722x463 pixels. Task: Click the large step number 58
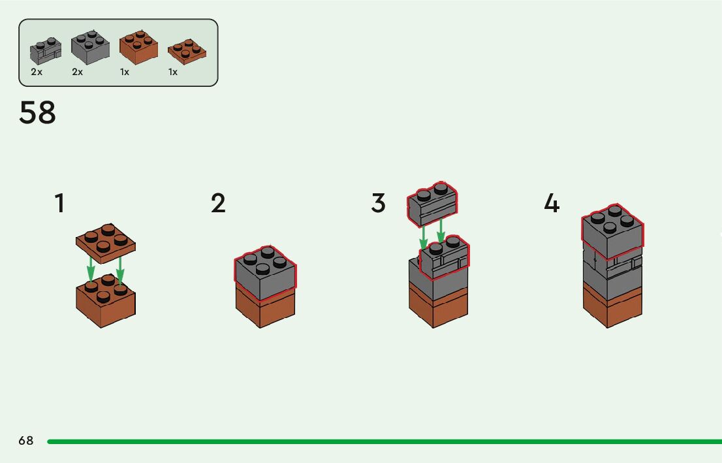click(x=38, y=113)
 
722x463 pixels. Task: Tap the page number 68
click(x=26, y=441)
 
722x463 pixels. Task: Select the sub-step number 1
click(x=59, y=203)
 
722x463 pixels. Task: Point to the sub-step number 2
click(x=218, y=203)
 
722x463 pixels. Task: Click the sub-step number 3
click(x=379, y=203)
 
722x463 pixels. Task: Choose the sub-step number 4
click(x=552, y=203)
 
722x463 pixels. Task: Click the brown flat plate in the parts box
click(x=187, y=52)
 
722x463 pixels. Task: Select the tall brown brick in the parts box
click(x=138, y=48)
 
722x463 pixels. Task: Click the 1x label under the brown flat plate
click(x=173, y=72)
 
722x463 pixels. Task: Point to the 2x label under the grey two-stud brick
click(x=37, y=72)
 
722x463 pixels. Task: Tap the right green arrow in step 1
click(x=120, y=272)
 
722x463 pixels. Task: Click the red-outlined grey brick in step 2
click(x=264, y=273)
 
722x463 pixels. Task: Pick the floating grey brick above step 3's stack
click(x=432, y=202)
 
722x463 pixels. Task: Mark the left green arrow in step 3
click(x=423, y=238)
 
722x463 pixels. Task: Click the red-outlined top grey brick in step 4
click(x=612, y=232)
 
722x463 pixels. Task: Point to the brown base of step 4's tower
click(x=612, y=304)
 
